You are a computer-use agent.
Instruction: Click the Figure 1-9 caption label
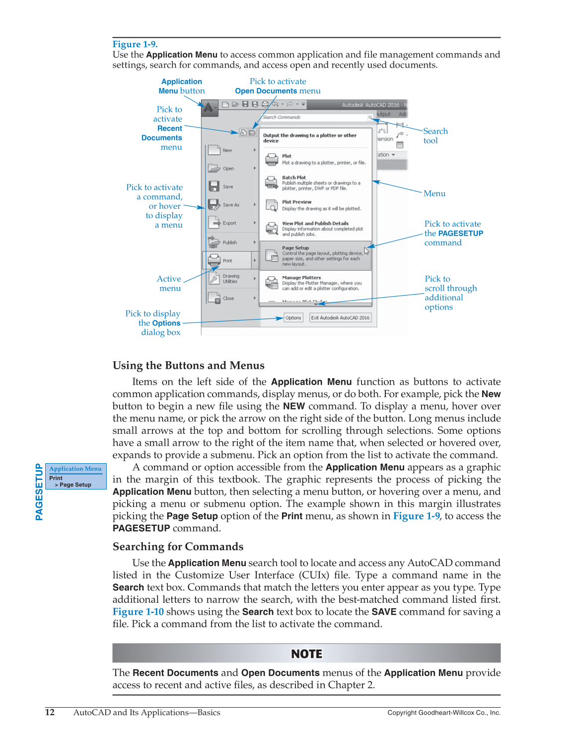point(135,44)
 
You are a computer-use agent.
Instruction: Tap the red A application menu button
point(209,107)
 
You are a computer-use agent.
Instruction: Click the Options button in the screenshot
point(293,318)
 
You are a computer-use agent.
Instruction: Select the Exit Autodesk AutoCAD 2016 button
point(340,318)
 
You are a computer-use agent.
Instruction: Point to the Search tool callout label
point(435,136)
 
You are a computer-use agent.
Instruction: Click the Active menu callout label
point(169,284)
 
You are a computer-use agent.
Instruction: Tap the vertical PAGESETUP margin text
point(39,492)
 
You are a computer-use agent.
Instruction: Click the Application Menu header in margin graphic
point(75,469)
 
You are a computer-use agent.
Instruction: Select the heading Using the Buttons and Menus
point(188,366)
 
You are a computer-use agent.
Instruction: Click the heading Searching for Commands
point(178,547)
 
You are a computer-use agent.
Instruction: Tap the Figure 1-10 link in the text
point(138,612)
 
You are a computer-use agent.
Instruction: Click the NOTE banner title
point(306,654)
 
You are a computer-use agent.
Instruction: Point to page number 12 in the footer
point(50,712)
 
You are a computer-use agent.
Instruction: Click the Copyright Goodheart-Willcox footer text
point(443,713)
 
